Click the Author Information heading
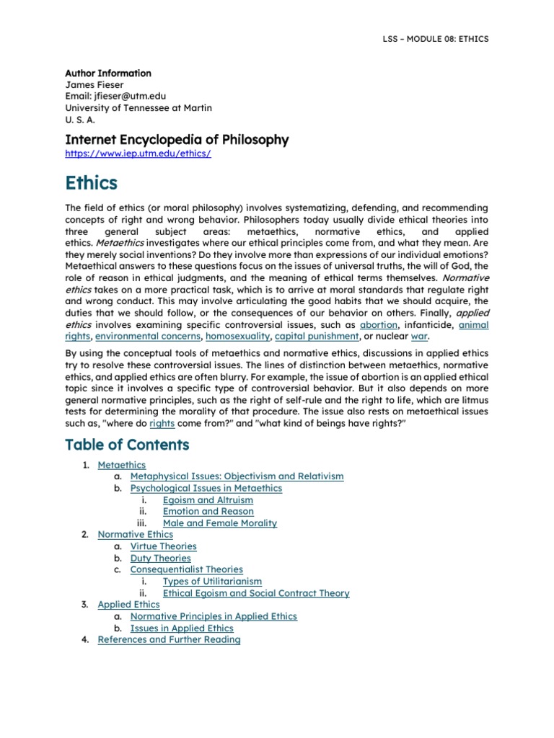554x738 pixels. point(108,74)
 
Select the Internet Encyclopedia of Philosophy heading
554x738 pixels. point(177,140)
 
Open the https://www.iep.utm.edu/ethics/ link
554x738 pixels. point(138,154)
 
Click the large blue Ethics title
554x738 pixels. point(91,184)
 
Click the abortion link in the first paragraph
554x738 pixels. point(379,325)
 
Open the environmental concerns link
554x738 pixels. point(148,337)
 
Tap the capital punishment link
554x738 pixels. point(317,337)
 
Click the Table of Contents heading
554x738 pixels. point(127,445)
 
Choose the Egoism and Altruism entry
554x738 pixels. point(208,500)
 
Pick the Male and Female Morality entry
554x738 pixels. point(220,523)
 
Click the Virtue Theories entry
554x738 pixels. point(163,546)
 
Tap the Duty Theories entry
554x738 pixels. point(160,558)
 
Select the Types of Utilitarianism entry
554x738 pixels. point(212,582)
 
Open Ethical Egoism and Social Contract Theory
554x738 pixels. point(256,593)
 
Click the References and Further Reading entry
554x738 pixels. point(169,640)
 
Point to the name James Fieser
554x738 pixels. point(94,85)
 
